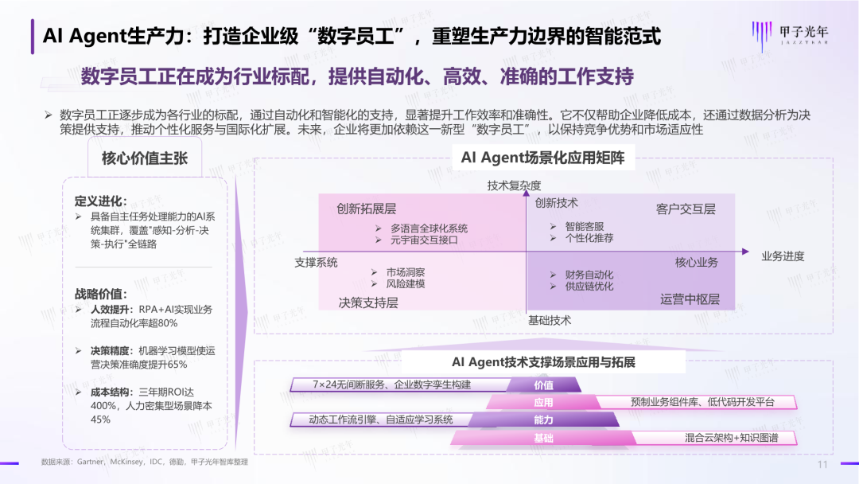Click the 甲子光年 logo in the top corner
[788, 34]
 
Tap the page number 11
[822, 465]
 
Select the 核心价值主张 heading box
[145, 158]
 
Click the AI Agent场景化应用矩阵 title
[543, 158]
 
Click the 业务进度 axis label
[783, 256]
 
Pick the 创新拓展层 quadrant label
[367, 209]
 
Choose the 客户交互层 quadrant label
[686, 209]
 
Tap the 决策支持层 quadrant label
[368, 302]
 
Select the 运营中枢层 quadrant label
[690, 299]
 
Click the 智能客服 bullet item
[585, 226]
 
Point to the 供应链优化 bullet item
[589, 287]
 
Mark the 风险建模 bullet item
[406, 284]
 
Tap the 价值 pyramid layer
[544, 385]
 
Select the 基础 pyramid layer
[544, 438]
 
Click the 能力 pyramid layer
[544, 420]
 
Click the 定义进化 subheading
[100, 201]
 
